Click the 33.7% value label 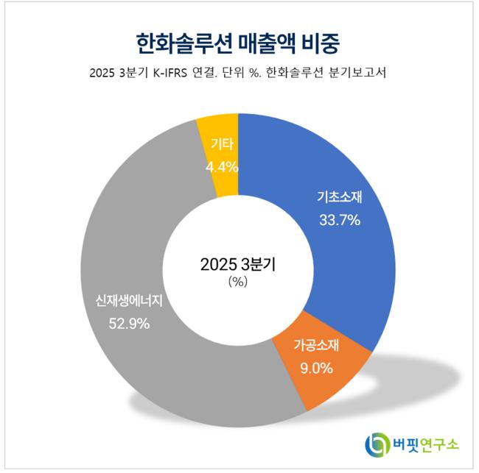pyautogui.click(x=340, y=219)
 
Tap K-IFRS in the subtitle pyautogui.click(x=180, y=73)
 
